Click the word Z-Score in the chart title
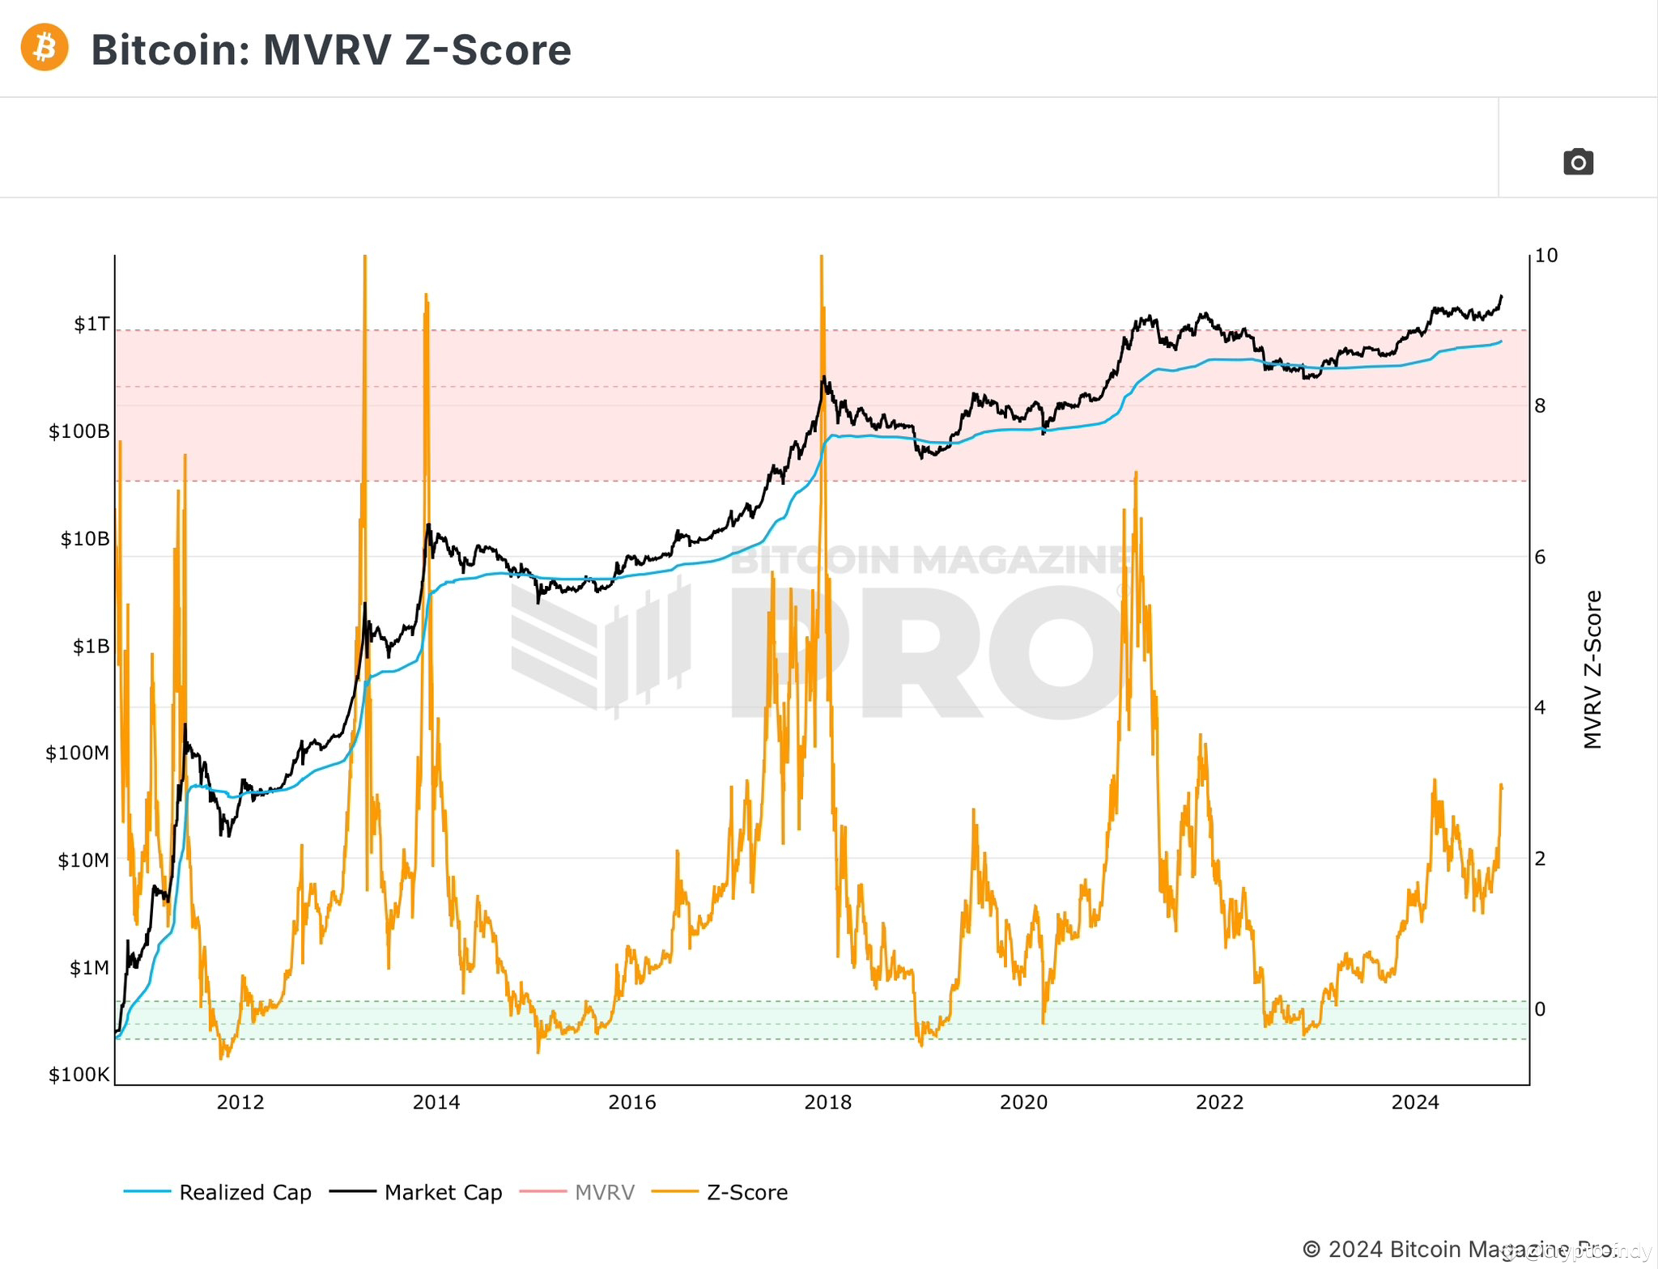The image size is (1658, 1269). click(x=487, y=50)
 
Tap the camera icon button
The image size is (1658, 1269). click(x=1578, y=162)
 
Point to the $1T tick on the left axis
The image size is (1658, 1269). click(x=91, y=325)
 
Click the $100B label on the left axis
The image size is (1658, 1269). click(x=79, y=431)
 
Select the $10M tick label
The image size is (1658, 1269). click(x=83, y=860)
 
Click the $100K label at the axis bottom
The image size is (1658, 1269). click(x=79, y=1075)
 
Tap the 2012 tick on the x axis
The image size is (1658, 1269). click(x=240, y=1102)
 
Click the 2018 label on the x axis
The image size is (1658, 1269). click(x=827, y=1102)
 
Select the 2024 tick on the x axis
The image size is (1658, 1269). click(x=1414, y=1102)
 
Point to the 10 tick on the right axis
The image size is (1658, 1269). click(x=1545, y=256)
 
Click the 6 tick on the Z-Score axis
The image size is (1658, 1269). click(x=1540, y=557)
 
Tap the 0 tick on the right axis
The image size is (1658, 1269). click(x=1540, y=1009)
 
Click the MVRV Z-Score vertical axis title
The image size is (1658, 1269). click(x=1592, y=669)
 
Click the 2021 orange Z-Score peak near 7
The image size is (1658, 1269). click(x=1136, y=474)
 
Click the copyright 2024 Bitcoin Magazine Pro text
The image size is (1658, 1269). click(x=1457, y=1249)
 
